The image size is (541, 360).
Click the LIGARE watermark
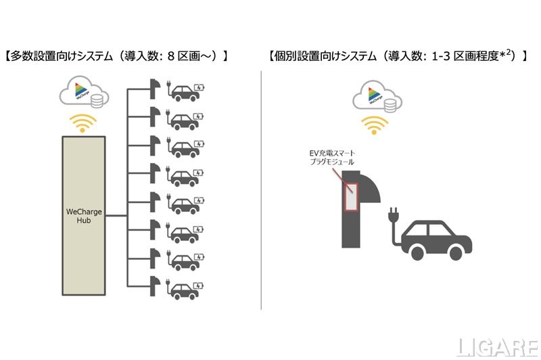[x=496, y=346]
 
